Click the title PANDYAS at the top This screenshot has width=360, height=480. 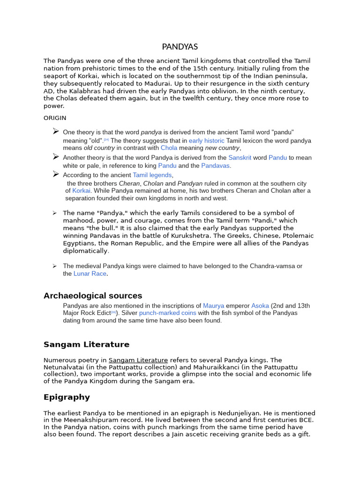(180, 47)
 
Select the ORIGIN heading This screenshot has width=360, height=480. (55, 118)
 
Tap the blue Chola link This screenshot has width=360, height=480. (169, 148)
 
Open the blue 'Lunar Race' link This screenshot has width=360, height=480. (90, 274)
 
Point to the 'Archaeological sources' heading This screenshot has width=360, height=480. (93, 296)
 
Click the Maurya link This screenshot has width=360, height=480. (213, 306)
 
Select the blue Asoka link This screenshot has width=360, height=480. (260, 306)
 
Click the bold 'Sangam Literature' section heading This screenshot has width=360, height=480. (86, 345)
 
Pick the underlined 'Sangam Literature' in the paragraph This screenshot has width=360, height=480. (138, 360)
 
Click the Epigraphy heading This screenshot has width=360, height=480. (67, 397)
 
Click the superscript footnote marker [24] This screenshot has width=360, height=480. (106, 140)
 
